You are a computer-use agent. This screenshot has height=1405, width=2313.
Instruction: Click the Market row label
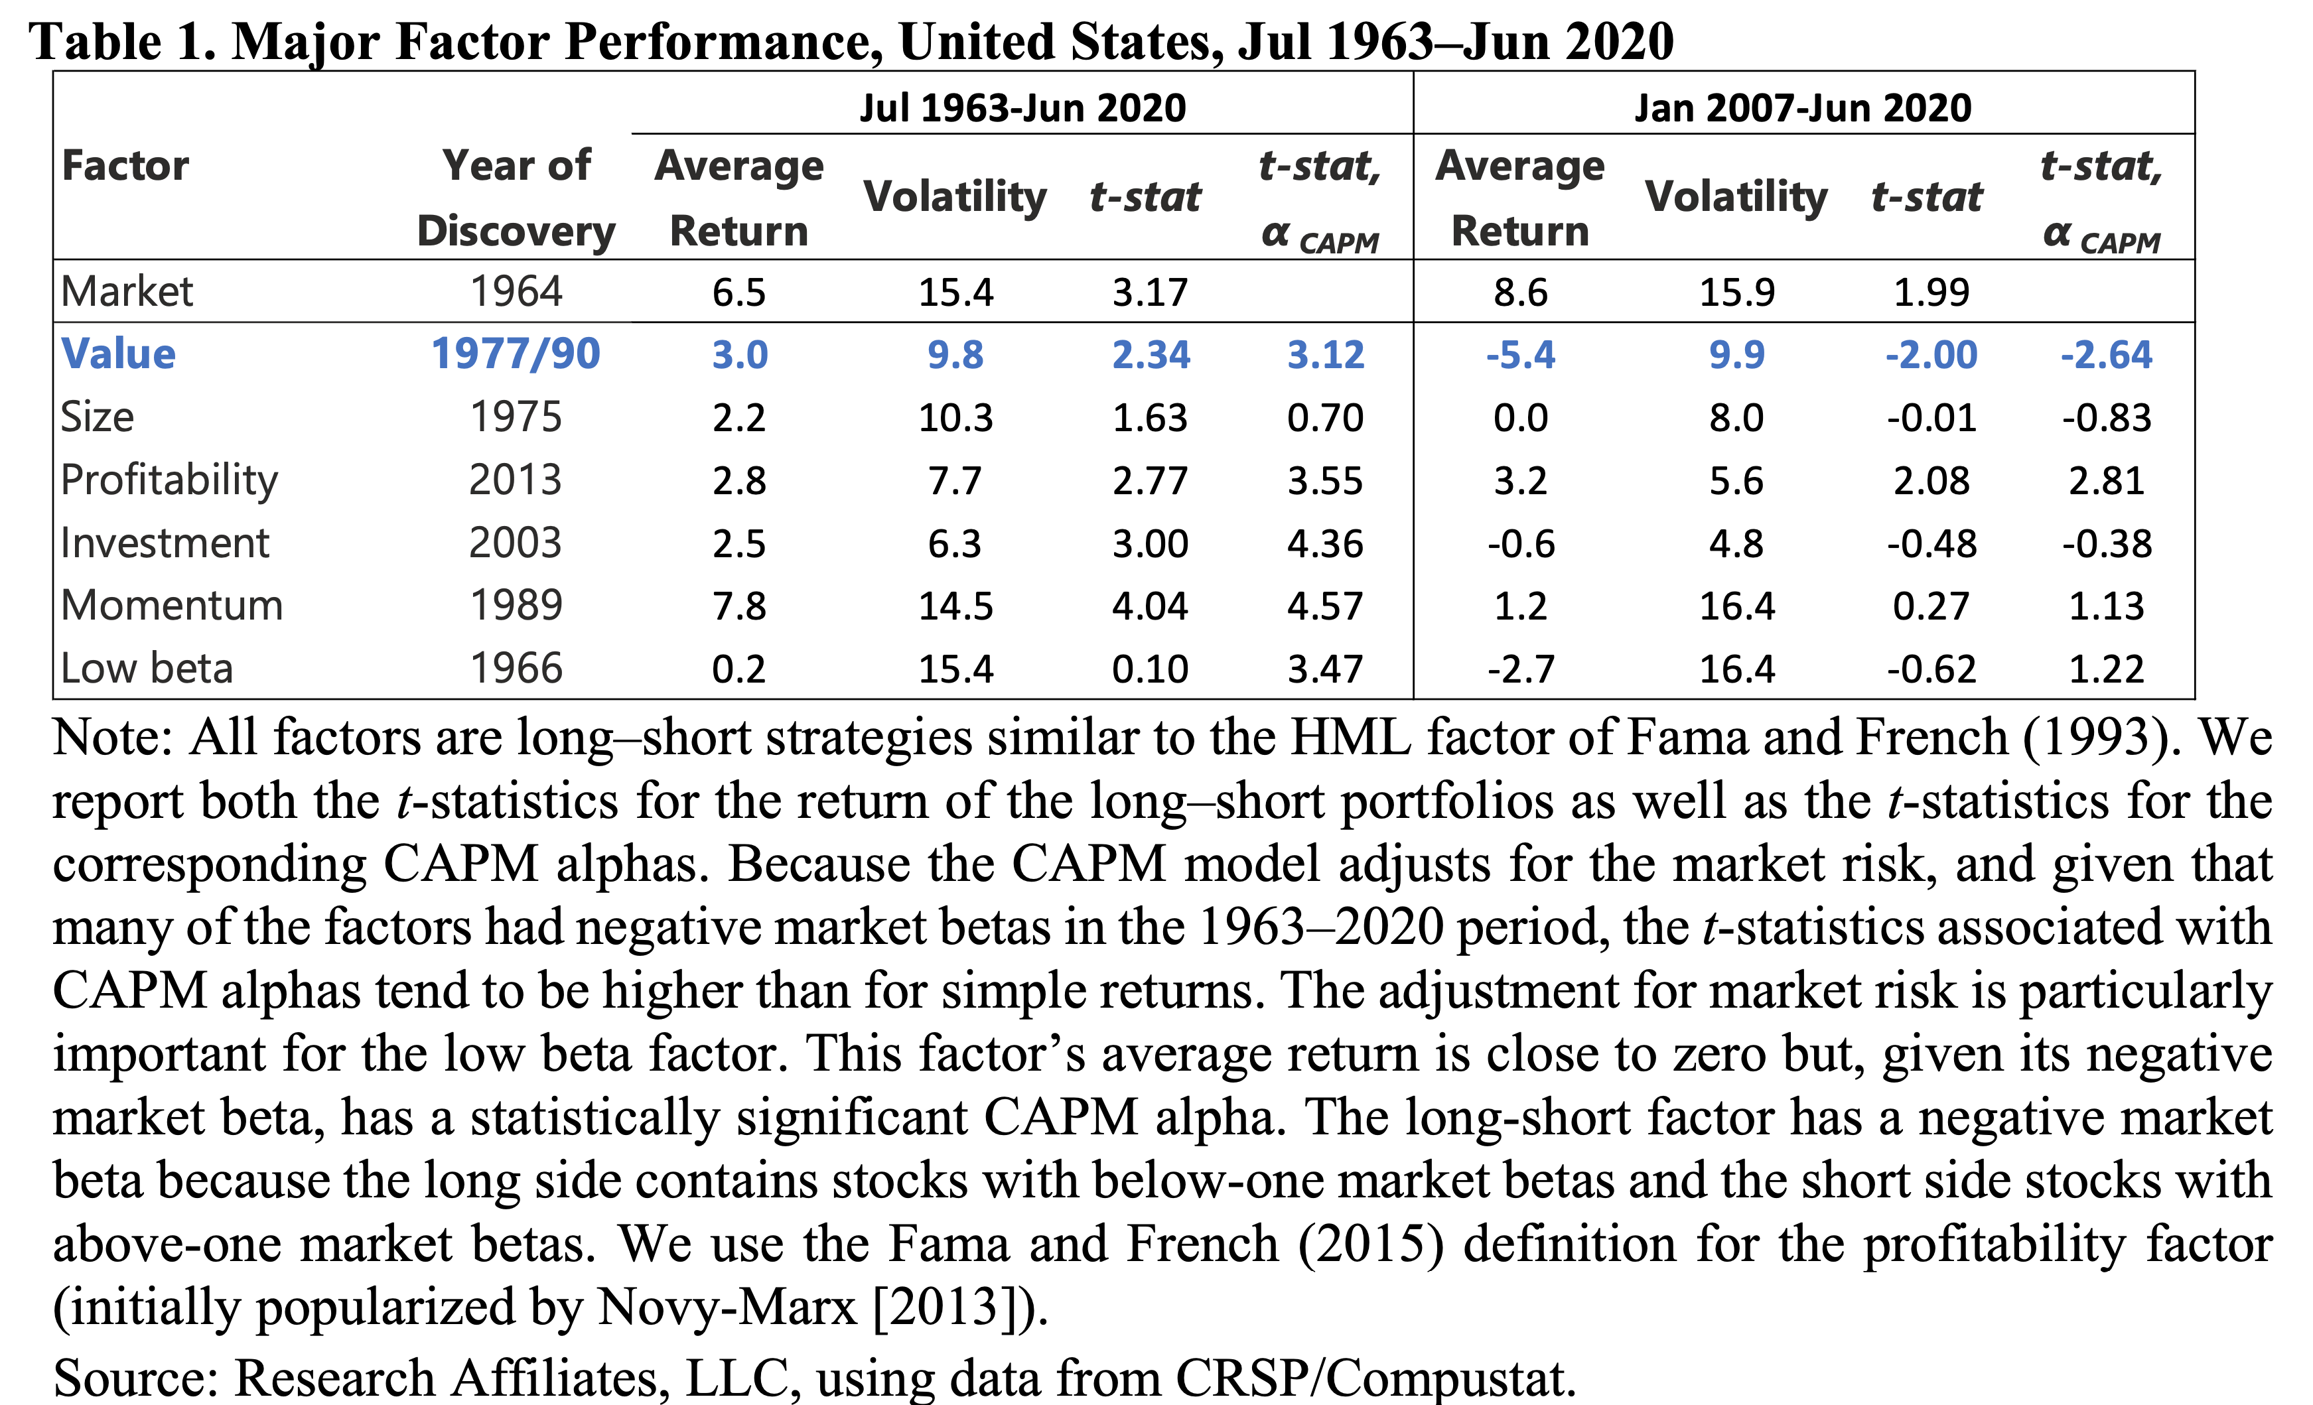point(127,292)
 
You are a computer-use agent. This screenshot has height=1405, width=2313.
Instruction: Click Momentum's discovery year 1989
point(516,606)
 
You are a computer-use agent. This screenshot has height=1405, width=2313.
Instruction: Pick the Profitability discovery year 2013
point(516,480)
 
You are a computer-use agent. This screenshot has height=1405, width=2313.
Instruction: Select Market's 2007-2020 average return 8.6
point(1520,292)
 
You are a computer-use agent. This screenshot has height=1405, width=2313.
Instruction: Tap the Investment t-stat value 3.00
point(1150,543)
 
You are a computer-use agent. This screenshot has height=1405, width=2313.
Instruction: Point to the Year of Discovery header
point(516,197)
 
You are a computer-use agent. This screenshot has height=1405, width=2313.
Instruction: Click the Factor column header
point(125,166)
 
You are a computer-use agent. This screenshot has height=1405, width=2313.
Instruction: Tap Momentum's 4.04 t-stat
point(1150,606)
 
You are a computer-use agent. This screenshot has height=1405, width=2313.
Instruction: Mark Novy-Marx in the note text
point(727,1305)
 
